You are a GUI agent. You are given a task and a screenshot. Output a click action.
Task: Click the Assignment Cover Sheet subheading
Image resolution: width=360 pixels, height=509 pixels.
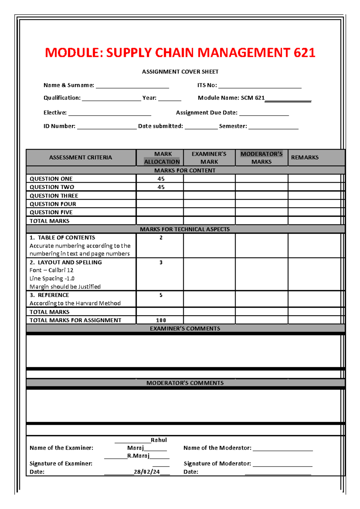click(x=180, y=72)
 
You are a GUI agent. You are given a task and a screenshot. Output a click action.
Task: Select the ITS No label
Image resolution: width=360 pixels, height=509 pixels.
click(x=207, y=85)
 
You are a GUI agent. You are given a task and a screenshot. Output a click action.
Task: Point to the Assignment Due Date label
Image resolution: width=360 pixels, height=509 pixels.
click(x=206, y=113)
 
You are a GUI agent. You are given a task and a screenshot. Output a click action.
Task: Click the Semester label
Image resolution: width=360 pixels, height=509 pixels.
click(x=233, y=126)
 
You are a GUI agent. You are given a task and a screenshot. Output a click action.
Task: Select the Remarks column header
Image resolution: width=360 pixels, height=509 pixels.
click(x=305, y=157)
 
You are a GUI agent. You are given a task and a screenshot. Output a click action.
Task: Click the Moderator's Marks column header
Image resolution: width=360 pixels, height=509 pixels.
click(x=261, y=158)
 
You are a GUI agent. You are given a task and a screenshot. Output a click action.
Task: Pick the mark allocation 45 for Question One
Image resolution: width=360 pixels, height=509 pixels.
click(x=161, y=179)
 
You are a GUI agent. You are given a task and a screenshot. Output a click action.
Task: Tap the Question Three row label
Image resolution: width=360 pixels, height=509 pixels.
click(x=54, y=196)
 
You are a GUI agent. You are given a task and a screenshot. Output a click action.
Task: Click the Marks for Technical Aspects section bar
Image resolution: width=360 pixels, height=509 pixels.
click(x=185, y=229)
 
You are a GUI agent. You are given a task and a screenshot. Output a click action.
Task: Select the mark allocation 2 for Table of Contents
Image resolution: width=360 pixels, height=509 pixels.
click(x=161, y=238)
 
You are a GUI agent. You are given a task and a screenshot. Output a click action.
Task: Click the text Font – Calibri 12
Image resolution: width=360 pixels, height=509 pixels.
click(x=51, y=270)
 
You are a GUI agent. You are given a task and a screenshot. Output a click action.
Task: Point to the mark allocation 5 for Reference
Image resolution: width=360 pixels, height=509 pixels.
click(x=161, y=295)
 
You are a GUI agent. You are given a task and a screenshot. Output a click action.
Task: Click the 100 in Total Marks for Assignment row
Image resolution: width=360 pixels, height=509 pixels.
click(x=161, y=320)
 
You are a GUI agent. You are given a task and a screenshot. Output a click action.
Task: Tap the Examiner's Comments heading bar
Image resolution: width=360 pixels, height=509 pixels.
click(x=185, y=329)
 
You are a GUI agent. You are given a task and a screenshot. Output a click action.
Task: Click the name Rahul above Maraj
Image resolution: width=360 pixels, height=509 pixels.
click(x=158, y=440)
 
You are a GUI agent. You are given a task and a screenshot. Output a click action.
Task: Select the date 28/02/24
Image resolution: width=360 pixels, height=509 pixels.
click(x=147, y=472)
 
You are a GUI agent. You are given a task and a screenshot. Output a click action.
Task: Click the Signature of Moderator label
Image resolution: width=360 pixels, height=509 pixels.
click(x=217, y=463)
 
